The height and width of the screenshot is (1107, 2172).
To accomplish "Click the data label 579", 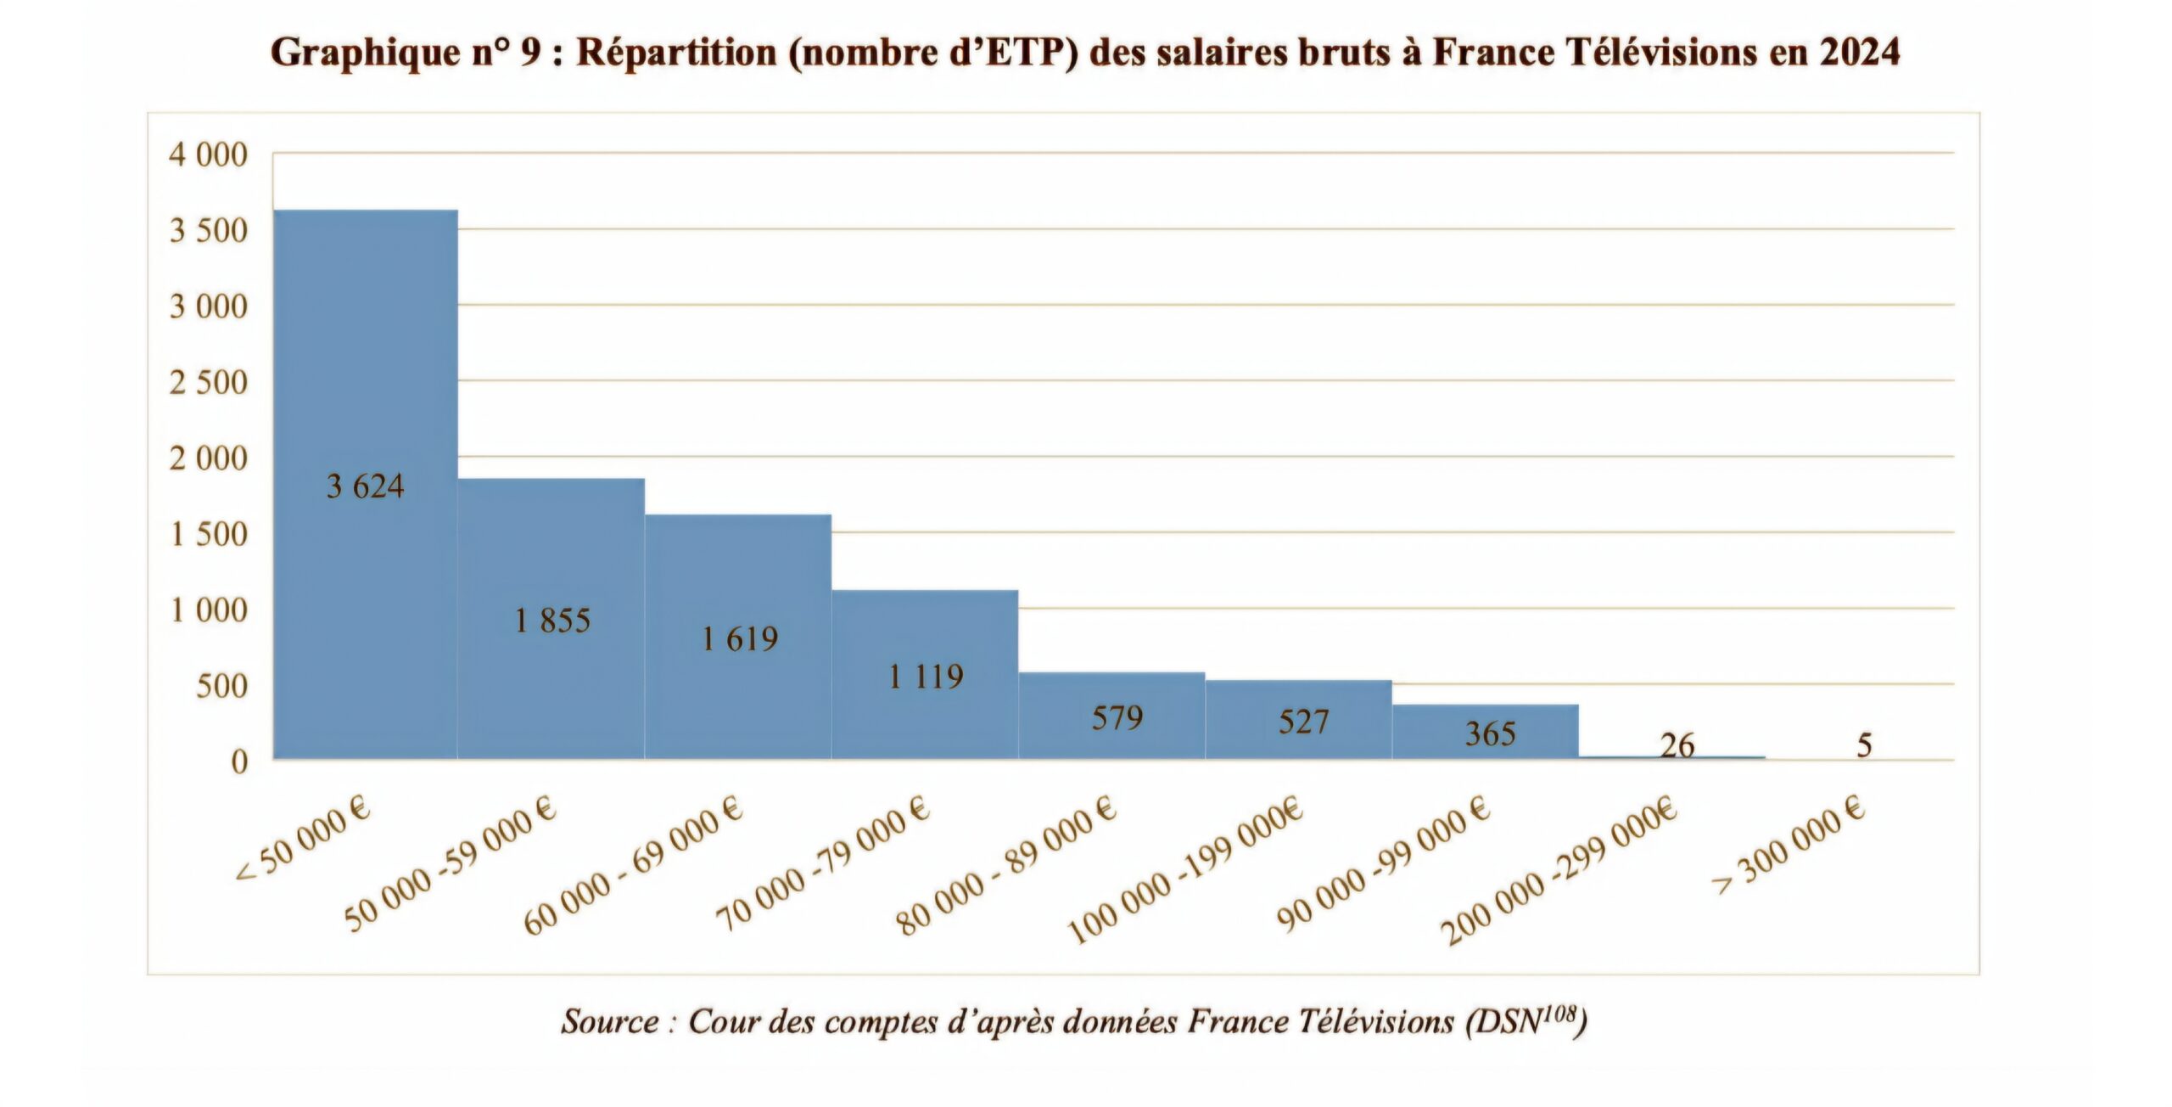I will click(x=1117, y=718).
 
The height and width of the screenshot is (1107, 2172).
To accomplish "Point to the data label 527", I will click(x=1303, y=722).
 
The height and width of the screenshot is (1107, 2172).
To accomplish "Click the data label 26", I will click(x=1677, y=745).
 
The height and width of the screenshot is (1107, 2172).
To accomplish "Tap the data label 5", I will click(x=1864, y=745).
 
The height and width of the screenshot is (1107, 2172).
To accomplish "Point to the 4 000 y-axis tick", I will click(x=209, y=155).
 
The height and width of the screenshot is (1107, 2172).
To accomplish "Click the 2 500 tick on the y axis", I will click(x=209, y=383).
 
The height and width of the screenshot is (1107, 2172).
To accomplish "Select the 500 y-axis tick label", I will click(x=221, y=686).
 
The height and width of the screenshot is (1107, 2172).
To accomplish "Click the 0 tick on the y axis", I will click(x=239, y=761).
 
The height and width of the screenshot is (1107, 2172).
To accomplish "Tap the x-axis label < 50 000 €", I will click(x=304, y=846).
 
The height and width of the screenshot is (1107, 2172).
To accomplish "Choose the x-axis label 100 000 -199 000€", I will click(x=1185, y=871).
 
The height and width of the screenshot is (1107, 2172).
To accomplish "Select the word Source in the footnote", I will click(x=609, y=1020).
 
